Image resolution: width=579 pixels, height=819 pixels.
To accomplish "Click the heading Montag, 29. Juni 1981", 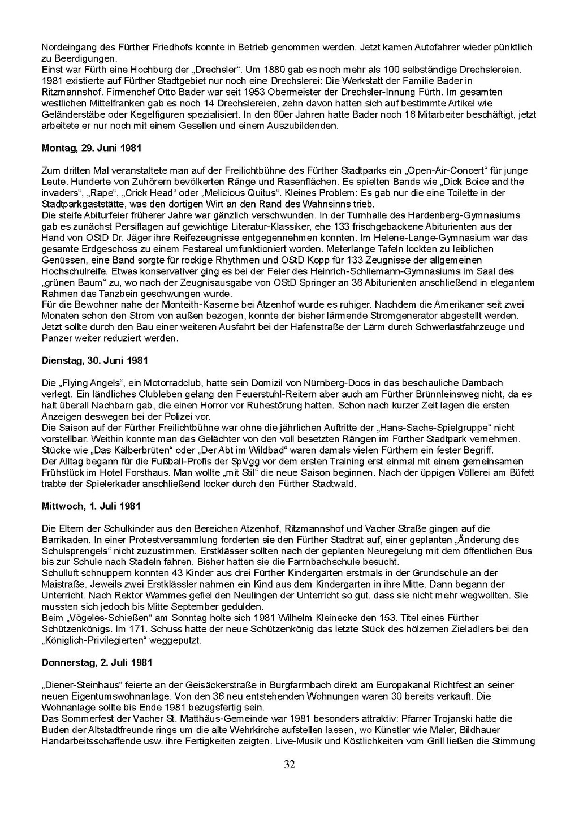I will (92, 148).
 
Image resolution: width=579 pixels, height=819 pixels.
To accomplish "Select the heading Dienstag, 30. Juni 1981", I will (95, 360).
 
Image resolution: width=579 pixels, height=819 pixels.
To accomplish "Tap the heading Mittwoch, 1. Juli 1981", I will (91, 506).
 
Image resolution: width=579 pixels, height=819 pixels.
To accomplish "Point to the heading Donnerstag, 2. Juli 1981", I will (97, 662).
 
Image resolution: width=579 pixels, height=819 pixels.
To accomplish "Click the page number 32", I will (289, 765).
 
